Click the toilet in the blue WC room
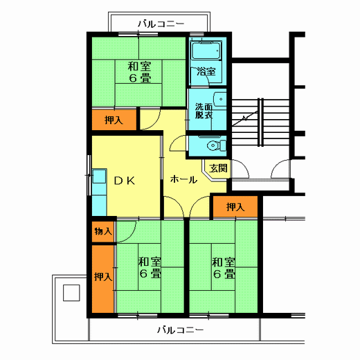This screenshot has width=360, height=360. pos(217,145)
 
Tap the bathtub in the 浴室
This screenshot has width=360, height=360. pos(206,51)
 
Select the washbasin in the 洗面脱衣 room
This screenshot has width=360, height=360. pos(219,100)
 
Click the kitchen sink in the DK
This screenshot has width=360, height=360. pos(99,176)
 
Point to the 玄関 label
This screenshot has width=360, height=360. pos(218,168)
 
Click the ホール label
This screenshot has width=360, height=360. pos(183,179)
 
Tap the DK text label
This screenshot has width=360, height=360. pos(125,181)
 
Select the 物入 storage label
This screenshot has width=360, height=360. pos(103,231)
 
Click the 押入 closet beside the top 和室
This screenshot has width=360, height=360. pos(114,120)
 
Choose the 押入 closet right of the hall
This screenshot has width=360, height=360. pos(235,206)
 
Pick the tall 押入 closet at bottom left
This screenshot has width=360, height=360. pos(103,279)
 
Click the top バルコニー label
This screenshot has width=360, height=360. pos(161,24)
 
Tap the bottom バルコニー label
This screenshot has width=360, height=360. pos(181,330)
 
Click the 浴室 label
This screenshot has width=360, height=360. pos(206,71)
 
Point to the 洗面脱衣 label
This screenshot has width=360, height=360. pos(204,111)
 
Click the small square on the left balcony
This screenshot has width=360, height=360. pos(71,293)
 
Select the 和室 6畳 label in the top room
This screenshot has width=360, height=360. pos(140,72)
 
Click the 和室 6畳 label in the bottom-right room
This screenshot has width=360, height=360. pos(224,268)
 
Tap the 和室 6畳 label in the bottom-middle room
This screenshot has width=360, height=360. pos(150,268)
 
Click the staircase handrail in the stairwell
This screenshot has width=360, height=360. pos(260,123)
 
